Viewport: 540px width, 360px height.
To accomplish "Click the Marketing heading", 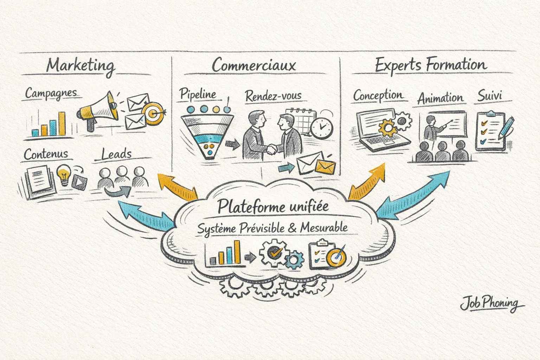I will [x=81, y=66].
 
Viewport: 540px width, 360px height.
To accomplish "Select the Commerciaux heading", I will [x=254, y=65].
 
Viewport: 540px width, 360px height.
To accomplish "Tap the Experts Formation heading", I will [x=431, y=65].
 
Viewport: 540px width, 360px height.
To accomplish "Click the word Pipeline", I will [x=198, y=94].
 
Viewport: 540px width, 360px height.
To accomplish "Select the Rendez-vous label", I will [x=274, y=96].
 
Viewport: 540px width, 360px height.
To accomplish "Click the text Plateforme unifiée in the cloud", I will [x=273, y=206].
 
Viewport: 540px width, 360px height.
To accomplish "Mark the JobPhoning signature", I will [x=490, y=303].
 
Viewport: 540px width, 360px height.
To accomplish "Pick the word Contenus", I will [x=46, y=154].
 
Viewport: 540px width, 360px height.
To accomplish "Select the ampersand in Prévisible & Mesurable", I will [x=291, y=228].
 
